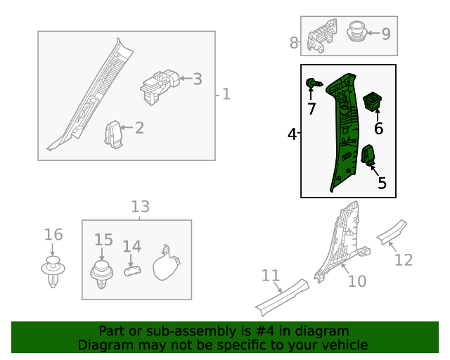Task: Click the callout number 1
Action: pyautogui.click(x=226, y=94)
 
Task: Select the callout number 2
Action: pyautogui.click(x=139, y=128)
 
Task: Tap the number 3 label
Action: pyautogui.click(x=198, y=79)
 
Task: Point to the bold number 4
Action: pyautogui.click(x=292, y=134)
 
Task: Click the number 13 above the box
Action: pyautogui.click(x=140, y=207)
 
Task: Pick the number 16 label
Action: pyautogui.click(x=53, y=235)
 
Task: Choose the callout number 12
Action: pyautogui.click(x=403, y=260)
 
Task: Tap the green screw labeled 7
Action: pyautogui.click(x=314, y=84)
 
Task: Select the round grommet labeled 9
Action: pyautogui.click(x=359, y=32)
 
